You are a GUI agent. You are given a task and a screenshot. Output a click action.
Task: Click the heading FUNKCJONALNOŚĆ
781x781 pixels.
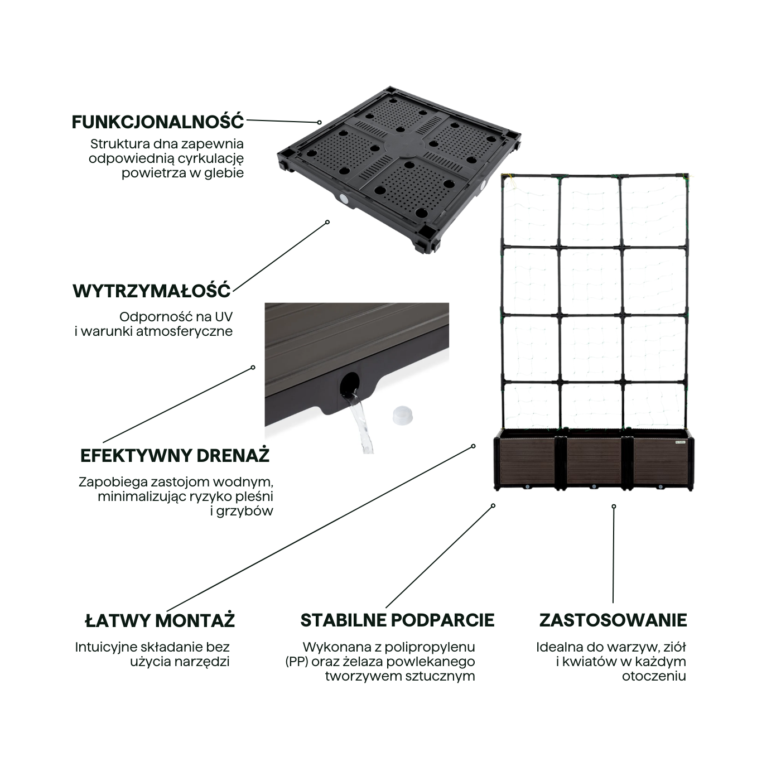158,122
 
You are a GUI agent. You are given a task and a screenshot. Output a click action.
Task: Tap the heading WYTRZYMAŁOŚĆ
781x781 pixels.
152,291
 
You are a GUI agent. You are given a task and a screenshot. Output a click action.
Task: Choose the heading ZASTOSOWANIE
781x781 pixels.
613,620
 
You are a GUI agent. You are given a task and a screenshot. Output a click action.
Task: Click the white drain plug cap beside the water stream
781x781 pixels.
401,416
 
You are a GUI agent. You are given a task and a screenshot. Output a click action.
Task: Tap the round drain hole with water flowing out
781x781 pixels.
349,383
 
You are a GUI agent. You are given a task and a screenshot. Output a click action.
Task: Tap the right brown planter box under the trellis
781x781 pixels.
661,463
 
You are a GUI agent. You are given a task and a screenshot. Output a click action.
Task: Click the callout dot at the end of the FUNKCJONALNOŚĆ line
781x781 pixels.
319,122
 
